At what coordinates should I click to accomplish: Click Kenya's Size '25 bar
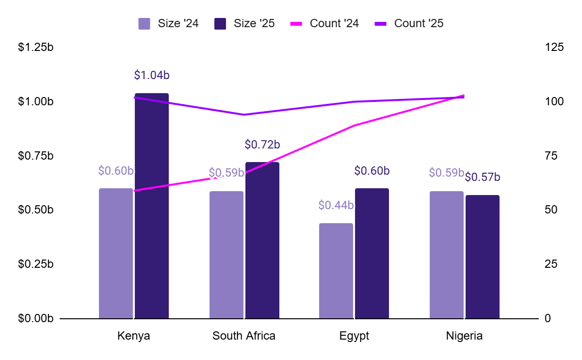tap(152, 206)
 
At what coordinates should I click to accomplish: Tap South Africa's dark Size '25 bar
tap(262, 240)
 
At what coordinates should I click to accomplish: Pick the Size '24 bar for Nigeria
tap(447, 255)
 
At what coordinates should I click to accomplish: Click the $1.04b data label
tap(152, 75)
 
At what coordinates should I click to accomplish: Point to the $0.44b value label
tap(336, 205)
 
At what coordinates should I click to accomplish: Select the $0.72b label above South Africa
tap(262, 145)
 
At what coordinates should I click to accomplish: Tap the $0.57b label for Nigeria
tap(483, 178)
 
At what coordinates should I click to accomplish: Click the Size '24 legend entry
tap(168, 23)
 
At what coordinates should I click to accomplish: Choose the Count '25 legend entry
tap(409, 23)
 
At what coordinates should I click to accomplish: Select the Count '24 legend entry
tap(324, 23)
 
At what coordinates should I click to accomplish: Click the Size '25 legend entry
tap(244, 23)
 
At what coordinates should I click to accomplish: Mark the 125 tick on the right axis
tap(554, 48)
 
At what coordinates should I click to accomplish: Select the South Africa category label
tap(244, 336)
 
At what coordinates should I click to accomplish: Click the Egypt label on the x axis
tap(355, 336)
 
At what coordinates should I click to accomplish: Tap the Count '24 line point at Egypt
tap(355, 126)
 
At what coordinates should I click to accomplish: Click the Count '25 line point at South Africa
tap(244, 115)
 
